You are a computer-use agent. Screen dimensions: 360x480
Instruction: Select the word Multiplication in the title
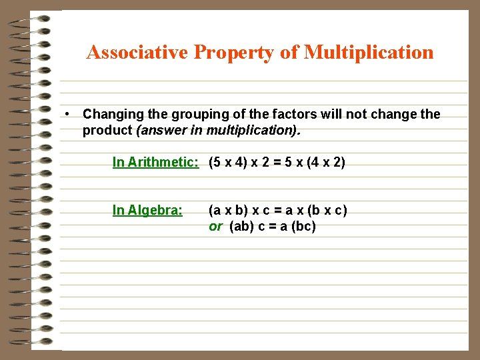coord(368,52)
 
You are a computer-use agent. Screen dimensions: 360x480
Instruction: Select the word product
coord(107,131)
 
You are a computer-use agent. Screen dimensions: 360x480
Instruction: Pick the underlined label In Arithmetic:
coord(156,162)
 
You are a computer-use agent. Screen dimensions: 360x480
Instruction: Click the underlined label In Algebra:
coord(147,211)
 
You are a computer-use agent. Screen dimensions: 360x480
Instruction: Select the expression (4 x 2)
coord(327,162)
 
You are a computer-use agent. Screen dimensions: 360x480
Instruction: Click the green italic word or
coord(215,227)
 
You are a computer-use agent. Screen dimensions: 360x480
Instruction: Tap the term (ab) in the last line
coord(243,227)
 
